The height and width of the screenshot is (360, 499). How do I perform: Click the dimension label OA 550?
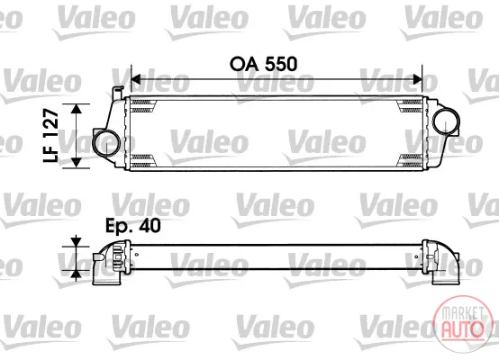point(264,64)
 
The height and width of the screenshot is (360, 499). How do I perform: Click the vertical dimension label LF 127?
point(51,136)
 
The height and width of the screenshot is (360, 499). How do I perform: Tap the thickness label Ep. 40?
point(133,226)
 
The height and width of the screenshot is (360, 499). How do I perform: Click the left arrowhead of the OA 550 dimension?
point(136,79)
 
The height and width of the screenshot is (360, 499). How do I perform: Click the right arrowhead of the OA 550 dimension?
point(418,79)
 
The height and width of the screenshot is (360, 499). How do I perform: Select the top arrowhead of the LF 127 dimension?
point(77,109)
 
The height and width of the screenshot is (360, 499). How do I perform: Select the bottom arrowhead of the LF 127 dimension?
point(77,163)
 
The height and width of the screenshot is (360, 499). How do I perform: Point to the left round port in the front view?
point(106,143)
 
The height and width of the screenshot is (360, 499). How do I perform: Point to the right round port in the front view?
point(446,122)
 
